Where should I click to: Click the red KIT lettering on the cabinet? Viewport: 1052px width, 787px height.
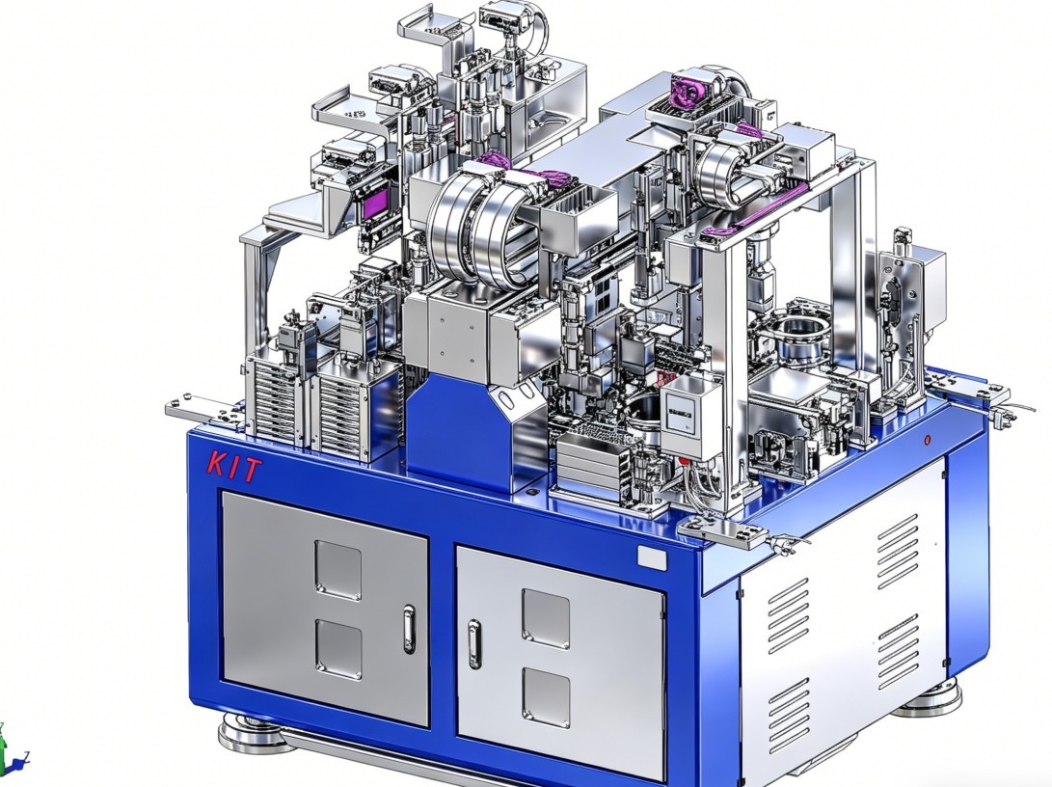pyautogui.click(x=233, y=465)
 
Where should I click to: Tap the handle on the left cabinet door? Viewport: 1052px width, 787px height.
pyautogui.click(x=409, y=629)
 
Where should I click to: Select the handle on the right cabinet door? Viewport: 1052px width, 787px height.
pyautogui.click(x=474, y=644)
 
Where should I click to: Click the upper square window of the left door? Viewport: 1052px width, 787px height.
pyautogui.click(x=337, y=570)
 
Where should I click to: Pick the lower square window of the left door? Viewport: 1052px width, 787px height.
pyautogui.click(x=338, y=648)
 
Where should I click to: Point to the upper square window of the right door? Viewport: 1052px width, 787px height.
pyautogui.click(x=546, y=618)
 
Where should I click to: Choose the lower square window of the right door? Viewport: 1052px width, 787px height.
pyautogui.click(x=546, y=697)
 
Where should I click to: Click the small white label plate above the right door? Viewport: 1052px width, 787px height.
pyautogui.click(x=652, y=558)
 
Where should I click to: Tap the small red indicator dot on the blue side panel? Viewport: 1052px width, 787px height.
pyautogui.click(x=928, y=440)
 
